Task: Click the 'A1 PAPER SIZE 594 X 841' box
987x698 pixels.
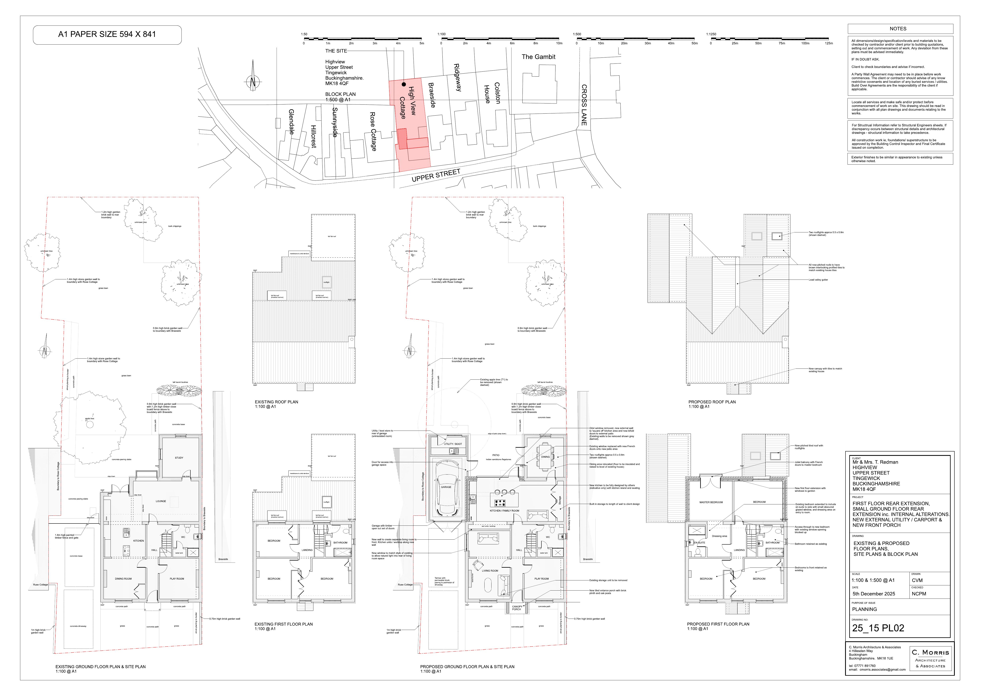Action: coord(107,34)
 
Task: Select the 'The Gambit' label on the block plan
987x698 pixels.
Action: coord(538,57)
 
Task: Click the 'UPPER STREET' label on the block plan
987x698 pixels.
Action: coord(436,175)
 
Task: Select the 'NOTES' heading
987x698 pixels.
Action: coord(898,29)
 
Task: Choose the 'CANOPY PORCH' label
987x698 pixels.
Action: coord(517,608)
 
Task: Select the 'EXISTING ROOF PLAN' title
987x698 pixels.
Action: coord(276,402)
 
